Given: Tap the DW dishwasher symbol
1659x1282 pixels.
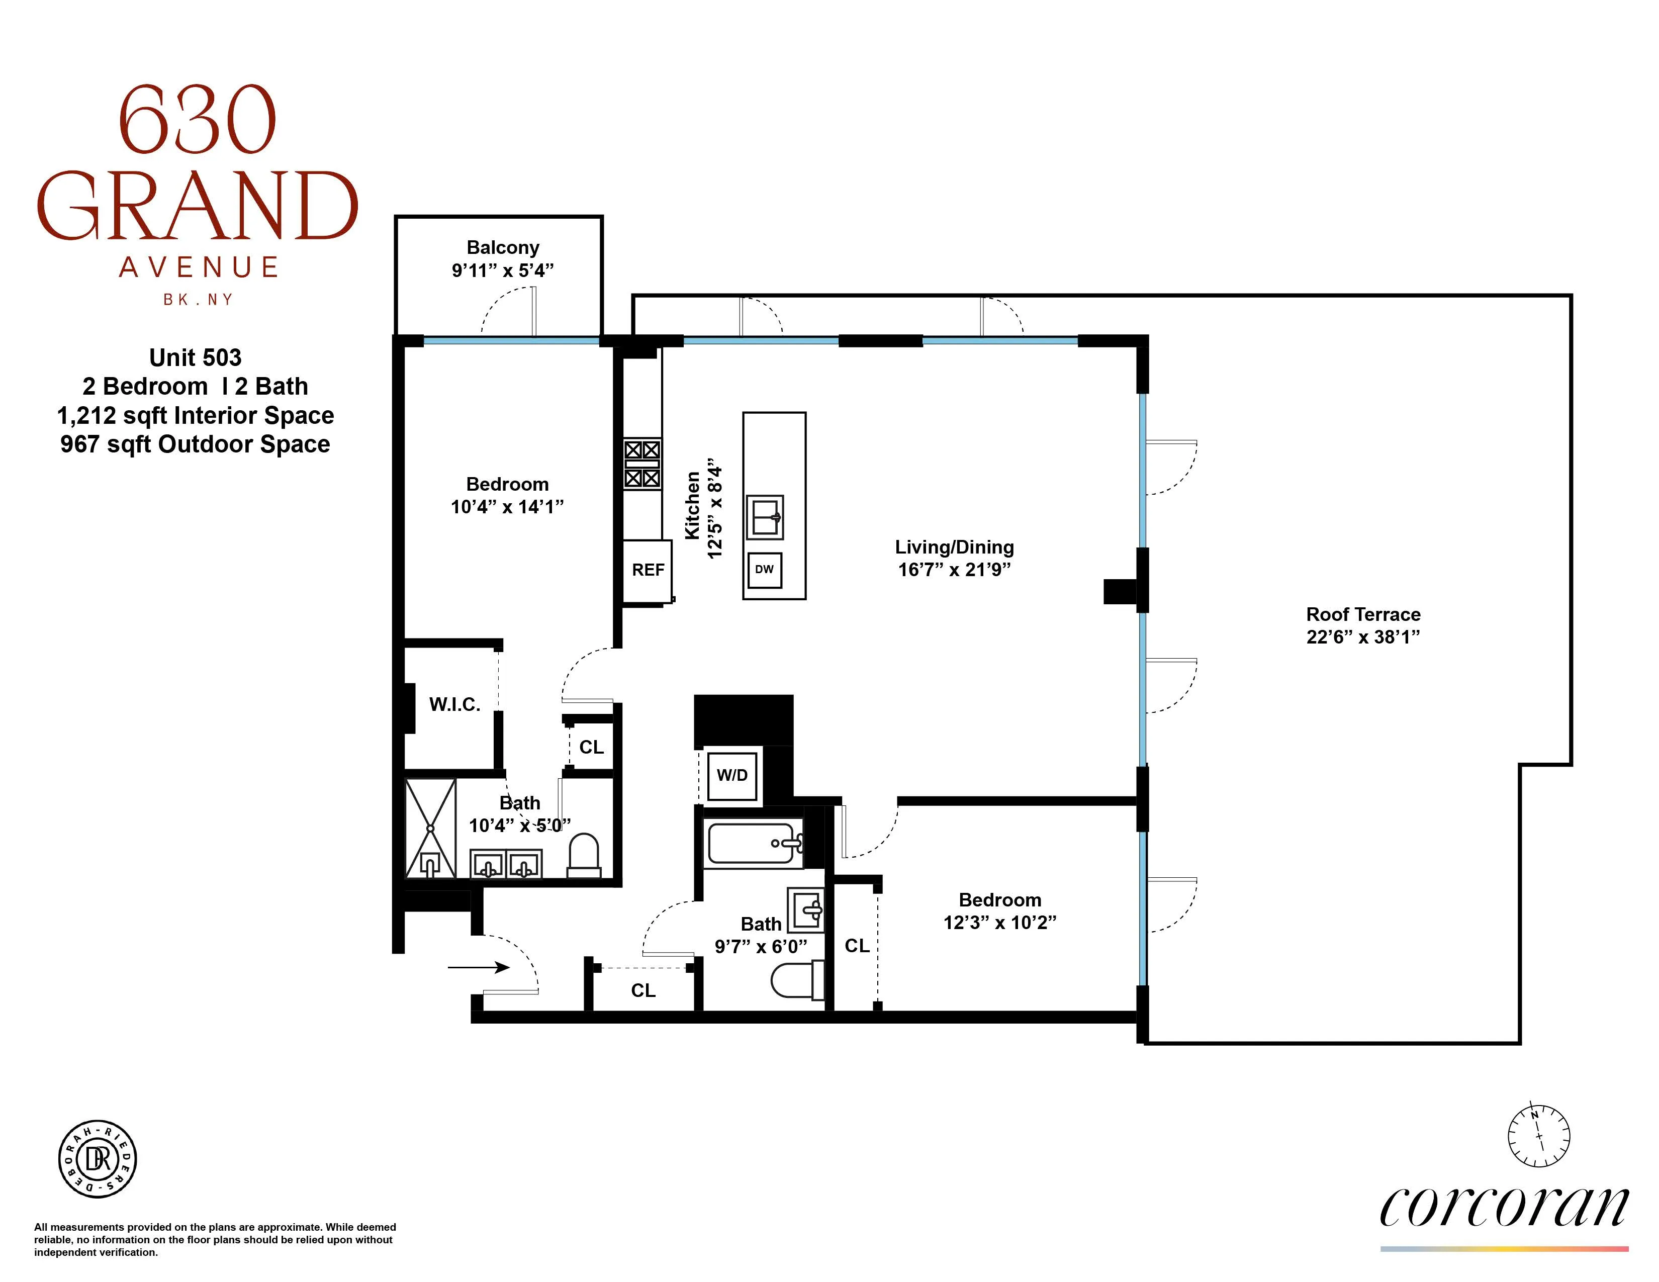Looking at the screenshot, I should (764, 570).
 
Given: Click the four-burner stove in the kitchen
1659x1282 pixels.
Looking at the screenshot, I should (642, 464).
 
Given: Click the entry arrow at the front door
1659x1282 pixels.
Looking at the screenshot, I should (479, 967).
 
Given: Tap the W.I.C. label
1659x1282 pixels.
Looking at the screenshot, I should (454, 704).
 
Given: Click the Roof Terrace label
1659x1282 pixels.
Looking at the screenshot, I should (1363, 614).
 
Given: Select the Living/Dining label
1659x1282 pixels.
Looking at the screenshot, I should (954, 547).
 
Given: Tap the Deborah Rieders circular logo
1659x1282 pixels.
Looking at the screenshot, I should (98, 1159).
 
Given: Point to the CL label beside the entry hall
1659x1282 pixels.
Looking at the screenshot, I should (642, 990).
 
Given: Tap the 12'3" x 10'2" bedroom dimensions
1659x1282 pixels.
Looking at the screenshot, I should (999, 922).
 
